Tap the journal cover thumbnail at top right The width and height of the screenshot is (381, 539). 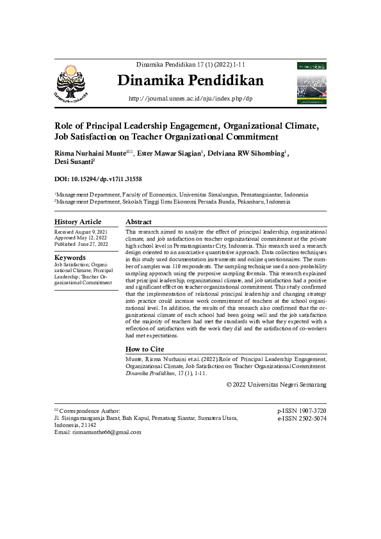pyautogui.click(x=311, y=83)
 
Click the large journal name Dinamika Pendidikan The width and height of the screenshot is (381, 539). pyautogui.click(x=191, y=81)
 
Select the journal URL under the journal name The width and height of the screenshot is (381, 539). pyautogui.click(x=191, y=99)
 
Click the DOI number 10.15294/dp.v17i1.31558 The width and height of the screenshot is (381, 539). pyautogui.click(x=109, y=180)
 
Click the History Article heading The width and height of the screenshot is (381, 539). pyautogui.click(x=78, y=221)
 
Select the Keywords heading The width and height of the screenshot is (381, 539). pyautogui.click(x=70, y=257)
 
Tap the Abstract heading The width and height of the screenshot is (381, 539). pyautogui.click(x=138, y=221)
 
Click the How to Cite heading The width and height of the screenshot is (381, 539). pyautogui.click(x=145, y=349)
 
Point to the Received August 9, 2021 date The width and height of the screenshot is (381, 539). pyautogui.click(x=81, y=230)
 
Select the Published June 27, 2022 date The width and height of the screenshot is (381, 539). pyautogui.click(x=81, y=244)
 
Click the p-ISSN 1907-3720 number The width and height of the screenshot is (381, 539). pyautogui.click(x=302, y=410)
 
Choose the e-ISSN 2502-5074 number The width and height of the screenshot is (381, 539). pyautogui.click(x=302, y=418)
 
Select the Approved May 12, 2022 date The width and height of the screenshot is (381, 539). pyautogui.click(x=80, y=237)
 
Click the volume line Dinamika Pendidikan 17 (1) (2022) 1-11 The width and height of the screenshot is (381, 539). pyautogui.click(x=191, y=65)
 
